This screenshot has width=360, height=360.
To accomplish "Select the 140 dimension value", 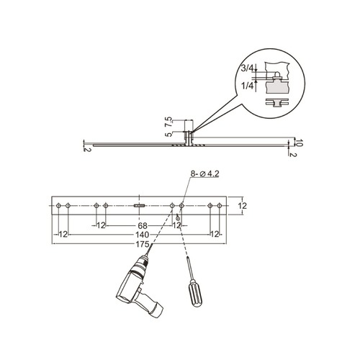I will tap(141, 235).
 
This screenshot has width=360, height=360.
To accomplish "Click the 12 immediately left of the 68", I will tap(102, 225).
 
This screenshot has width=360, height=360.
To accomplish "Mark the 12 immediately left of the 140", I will tap(63, 235).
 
